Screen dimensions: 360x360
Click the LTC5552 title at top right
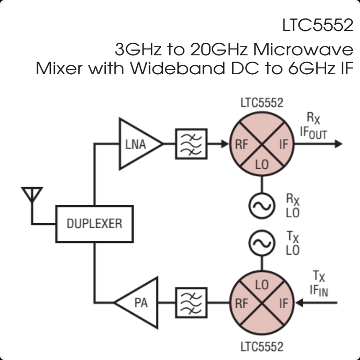tap(317, 25)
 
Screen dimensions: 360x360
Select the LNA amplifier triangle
tap(137, 144)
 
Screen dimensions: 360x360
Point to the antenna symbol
tap(32, 198)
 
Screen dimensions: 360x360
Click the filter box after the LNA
tap(191, 144)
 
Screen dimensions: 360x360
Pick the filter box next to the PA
tap(191, 302)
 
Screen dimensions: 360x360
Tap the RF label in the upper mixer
tap(241, 145)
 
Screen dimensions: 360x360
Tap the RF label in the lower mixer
tap(241, 303)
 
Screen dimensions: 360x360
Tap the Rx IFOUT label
tap(314, 126)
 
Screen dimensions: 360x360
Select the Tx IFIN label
tap(319, 285)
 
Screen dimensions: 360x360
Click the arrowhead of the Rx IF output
tap(338, 144)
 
